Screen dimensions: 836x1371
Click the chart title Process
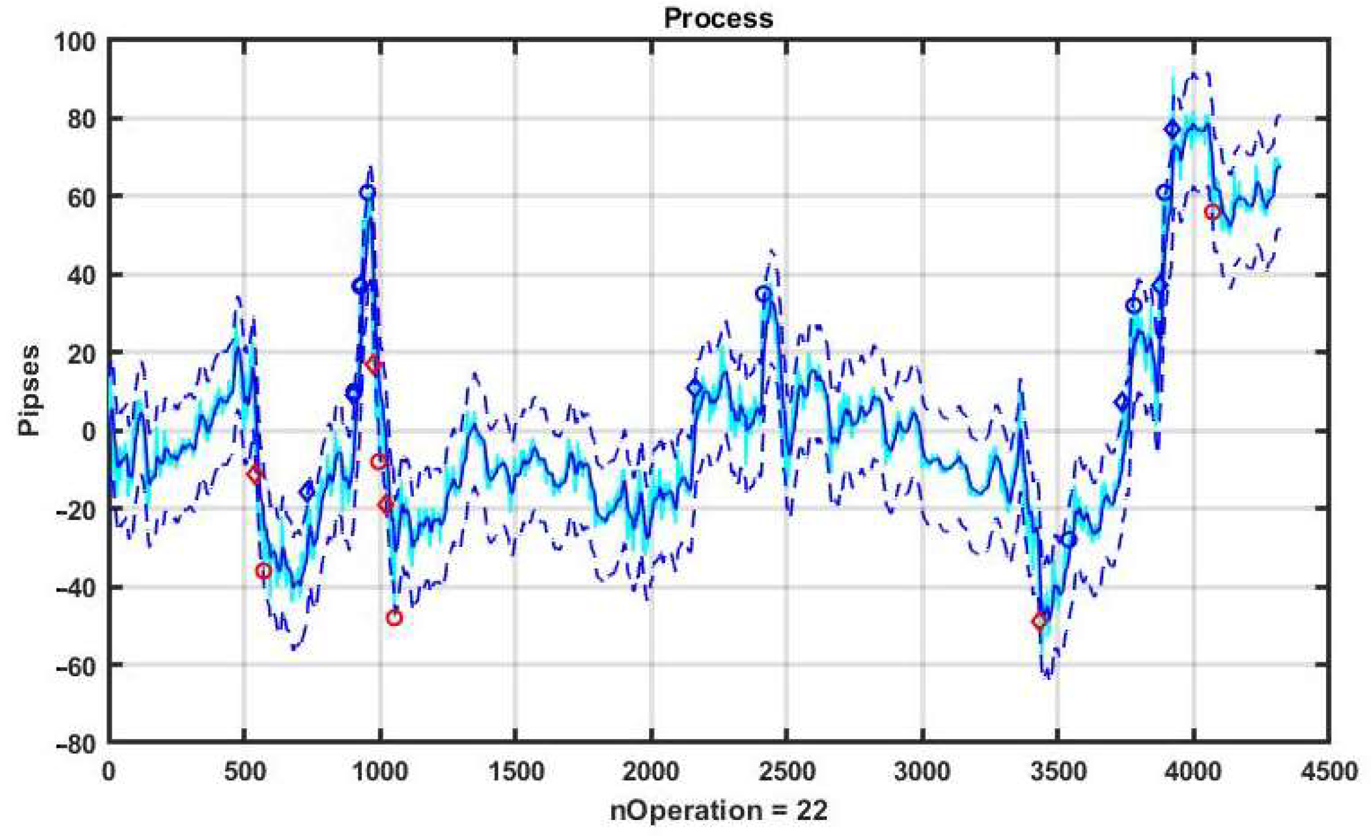[x=718, y=18]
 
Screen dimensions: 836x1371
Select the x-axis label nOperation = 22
[x=718, y=810]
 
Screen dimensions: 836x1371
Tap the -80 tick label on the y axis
[x=75, y=744]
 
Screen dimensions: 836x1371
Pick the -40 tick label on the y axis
[x=75, y=588]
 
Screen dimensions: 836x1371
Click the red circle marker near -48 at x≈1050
[x=394, y=618]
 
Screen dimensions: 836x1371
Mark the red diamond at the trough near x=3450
[x=1040, y=621]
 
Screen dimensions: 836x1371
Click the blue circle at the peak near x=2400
[x=763, y=293]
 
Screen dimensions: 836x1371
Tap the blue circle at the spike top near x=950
[x=367, y=192]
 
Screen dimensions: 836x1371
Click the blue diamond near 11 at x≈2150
[x=695, y=388]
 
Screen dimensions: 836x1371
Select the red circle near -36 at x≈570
[x=264, y=571]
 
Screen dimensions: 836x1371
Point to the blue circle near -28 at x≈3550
[x=1068, y=540]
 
